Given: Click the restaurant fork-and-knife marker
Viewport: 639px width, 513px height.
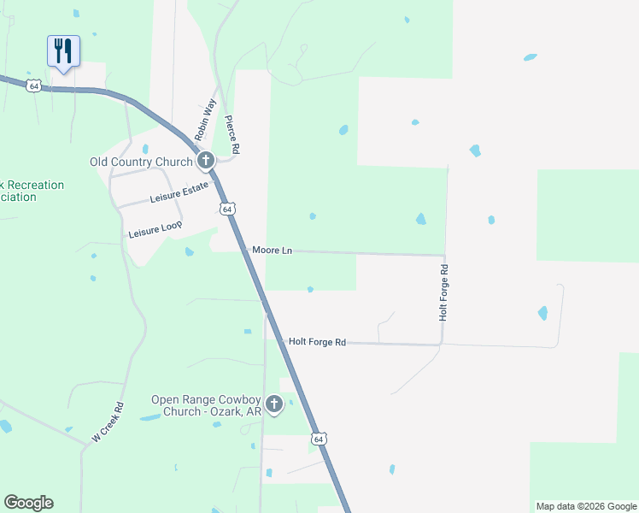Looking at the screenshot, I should (x=63, y=51).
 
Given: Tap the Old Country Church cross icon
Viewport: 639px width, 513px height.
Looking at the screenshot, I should (x=205, y=161).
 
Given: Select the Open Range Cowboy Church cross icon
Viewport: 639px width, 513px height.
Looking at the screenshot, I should (x=273, y=404).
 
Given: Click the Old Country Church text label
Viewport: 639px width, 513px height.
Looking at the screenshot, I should (x=142, y=162).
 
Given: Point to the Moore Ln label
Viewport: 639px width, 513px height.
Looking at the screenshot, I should (x=272, y=251).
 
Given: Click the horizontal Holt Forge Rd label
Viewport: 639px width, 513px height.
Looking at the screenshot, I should (x=317, y=342).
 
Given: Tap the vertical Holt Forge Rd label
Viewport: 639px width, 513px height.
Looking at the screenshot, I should (x=443, y=292).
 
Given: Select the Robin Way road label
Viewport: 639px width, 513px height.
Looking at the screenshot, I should (x=205, y=120).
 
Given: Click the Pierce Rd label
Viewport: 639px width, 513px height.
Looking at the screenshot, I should (x=232, y=135).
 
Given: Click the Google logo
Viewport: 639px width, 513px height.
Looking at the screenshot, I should (x=28, y=503).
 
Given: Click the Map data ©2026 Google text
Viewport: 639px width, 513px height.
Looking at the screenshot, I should (x=586, y=506).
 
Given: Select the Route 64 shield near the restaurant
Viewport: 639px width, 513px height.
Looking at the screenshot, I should (x=33, y=85).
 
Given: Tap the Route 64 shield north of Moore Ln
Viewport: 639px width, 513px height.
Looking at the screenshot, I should (x=226, y=209).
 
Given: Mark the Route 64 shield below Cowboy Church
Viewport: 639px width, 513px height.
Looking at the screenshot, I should (x=318, y=439).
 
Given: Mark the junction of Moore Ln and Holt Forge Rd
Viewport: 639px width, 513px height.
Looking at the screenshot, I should (x=444, y=255).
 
